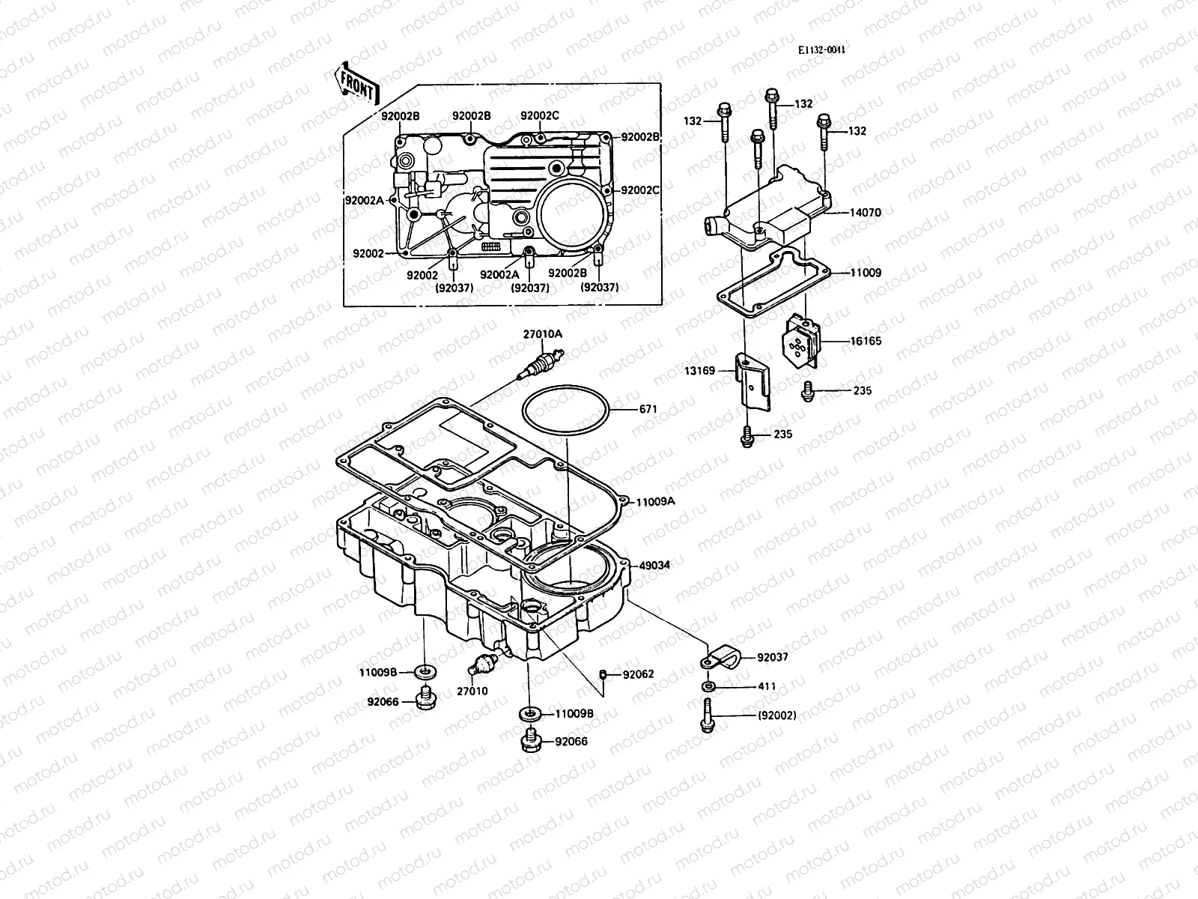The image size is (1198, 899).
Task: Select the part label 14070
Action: tap(865, 213)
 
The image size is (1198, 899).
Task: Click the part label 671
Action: tap(648, 409)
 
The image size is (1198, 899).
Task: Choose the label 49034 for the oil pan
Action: tap(654, 566)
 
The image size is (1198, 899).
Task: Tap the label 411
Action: tap(767, 686)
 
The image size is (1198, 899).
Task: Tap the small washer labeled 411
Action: tap(708, 686)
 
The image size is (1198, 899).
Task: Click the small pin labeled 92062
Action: tap(602, 674)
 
